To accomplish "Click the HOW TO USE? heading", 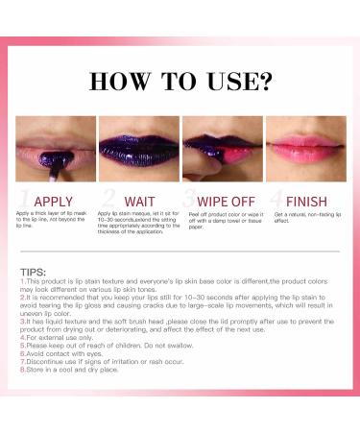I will [x=180, y=79].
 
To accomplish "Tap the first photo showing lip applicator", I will [x=56, y=149].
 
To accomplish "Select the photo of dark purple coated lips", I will [x=138, y=149].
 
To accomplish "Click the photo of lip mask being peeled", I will [x=222, y=149].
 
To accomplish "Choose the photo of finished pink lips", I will [x=304, y=149].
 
